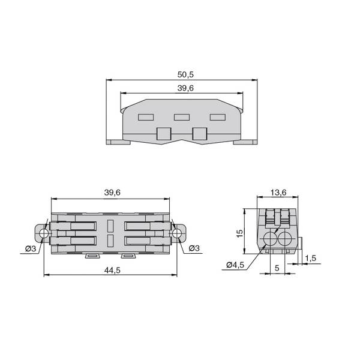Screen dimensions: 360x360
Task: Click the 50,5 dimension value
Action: pyautogui.click(x=185, y=74)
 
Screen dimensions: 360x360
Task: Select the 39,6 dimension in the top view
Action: pyautogui.click(x=185, y=88)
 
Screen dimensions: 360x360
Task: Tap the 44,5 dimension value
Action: pyautogui.click(x=112, y=271)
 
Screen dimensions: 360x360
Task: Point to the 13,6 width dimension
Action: pyautogui.click(x=278, y=193)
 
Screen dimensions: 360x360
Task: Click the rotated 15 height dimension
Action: pyautogui.click(x=239, y=233)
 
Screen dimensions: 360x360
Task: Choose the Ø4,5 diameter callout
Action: pyautogui.click(x=235, y=265)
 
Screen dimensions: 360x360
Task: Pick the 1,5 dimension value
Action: pyautogui.click(x=311, y=258)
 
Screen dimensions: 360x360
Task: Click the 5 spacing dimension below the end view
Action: pyautogui.click(x=277, y=268)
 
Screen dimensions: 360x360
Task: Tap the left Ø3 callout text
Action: pyautogui.click(x=31, y=248)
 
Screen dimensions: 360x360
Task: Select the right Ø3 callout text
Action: pyautogui.click(x=194, y=248)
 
